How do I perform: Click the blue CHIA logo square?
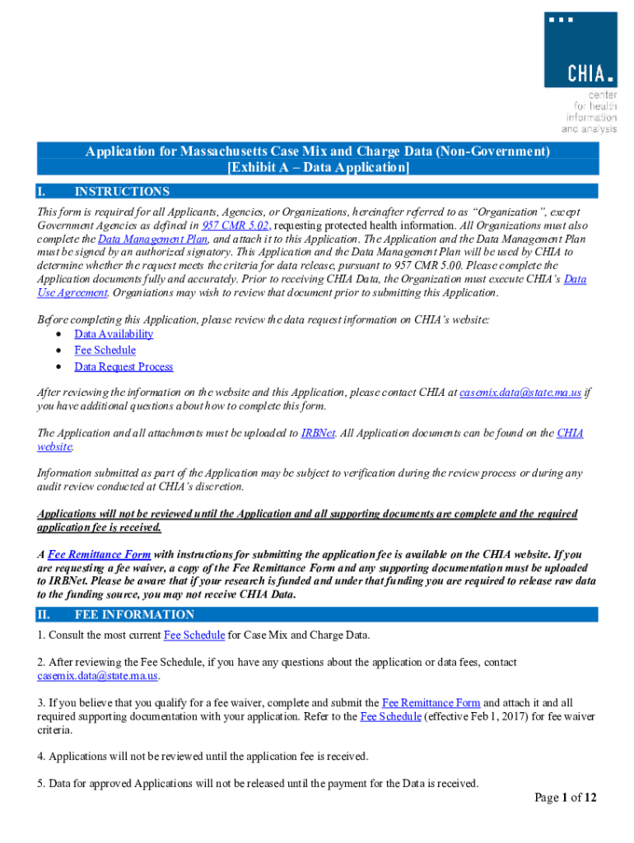pos(580,49)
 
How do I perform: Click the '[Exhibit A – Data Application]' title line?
pos(318,168)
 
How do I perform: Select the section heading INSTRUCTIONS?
pos(122,192)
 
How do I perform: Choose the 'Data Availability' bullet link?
pos(114,333)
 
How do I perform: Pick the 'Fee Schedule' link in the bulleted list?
pos(105,350)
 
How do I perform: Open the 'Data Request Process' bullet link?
pos(124,367)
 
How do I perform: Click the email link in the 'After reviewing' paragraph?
pos(520,393)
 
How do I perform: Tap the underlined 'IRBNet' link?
pos(318,433)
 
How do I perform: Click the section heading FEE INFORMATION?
pos(134,615)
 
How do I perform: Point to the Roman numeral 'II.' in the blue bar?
pos(45,615)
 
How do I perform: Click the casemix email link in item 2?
pos(97,676)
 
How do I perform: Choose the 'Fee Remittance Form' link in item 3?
pos(431,703)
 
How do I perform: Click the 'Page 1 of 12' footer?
pos(565,797)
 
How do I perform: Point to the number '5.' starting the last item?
pos(41,783)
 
